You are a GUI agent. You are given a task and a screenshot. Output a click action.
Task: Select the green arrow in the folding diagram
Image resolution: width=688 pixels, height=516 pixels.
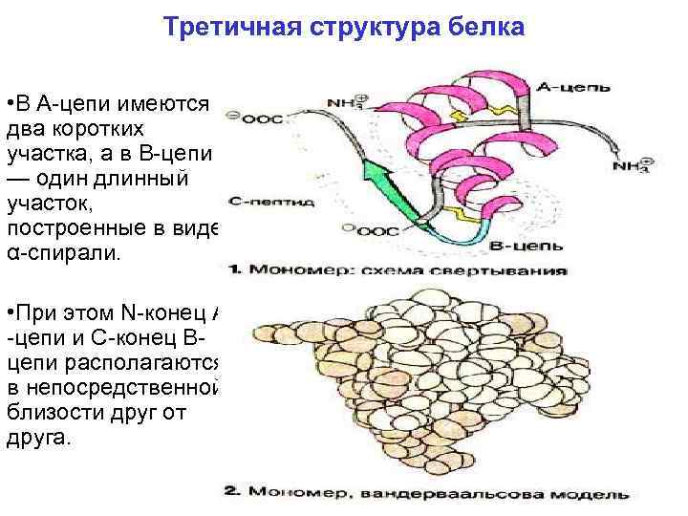tap(388, 188)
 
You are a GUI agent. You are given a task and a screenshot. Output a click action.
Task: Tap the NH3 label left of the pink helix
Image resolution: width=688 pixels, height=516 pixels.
tap(347, 100)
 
